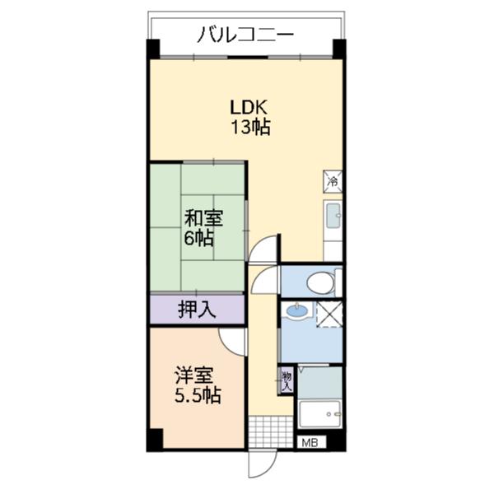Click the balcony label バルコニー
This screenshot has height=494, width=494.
click(x=245, y=35)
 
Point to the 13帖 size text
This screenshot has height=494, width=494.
click(x=247, y=127)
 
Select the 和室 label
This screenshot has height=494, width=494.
click(x=203, y=219)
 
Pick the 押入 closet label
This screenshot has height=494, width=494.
click(x=197, y=310)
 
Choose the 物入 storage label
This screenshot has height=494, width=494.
click(x=287, y=378)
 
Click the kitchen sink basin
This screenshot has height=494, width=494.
click(x=333, y=217)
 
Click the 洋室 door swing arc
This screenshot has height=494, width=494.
click(x=234, y=339)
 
